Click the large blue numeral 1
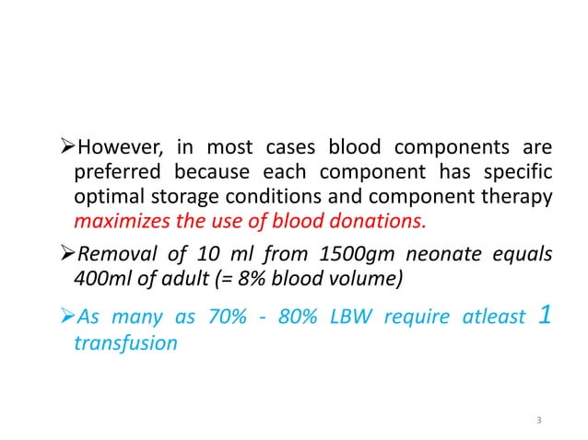(x=545, y=316)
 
